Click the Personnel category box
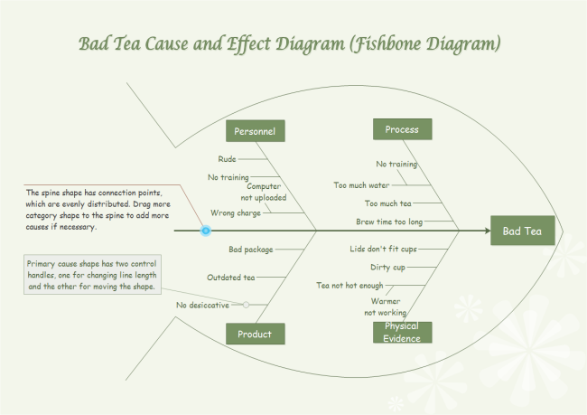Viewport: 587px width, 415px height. (x=255, y=131)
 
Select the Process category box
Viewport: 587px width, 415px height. (x=402, y=129)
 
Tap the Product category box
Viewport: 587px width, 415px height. (x=255, y=334)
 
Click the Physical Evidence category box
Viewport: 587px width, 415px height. (x=402, y=332)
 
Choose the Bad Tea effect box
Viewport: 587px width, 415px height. (x=522, y=231)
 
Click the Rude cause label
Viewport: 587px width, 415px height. (x=227, y=158)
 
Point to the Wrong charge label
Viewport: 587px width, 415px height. (x=236, y=213)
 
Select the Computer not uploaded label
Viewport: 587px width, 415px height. (x=263, y=192)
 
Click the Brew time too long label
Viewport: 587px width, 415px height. (x=388, y=222)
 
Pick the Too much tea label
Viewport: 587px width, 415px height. (x=387, y=203)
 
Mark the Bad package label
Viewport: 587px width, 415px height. (x=250, y=248)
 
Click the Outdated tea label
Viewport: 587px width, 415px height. (x=230, y=278)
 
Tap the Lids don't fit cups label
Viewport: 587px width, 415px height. (x=384, y=248)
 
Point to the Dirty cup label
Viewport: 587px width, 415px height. (x=387, y=267)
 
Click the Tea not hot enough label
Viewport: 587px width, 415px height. (x=349, y=285)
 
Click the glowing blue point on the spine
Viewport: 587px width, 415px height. (x=206, y=231)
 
